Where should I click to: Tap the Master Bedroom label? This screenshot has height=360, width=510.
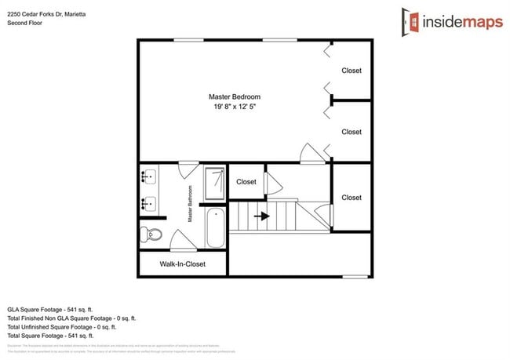tap(234, 96)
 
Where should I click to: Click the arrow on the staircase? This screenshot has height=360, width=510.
tap(262, 216)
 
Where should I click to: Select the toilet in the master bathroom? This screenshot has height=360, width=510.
tap(151, 234)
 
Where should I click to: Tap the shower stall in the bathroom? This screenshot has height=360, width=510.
tap(213, 183)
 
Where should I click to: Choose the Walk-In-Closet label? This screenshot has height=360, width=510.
tap(182, 264)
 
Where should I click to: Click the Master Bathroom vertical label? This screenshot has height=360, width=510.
tap(190, 203)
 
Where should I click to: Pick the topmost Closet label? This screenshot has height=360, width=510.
tap(352, 71)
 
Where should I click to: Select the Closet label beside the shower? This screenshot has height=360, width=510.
tap(246, 182)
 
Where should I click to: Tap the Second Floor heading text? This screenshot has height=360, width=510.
tap(24, 23)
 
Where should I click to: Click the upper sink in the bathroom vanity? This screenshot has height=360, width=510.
tap(149, 177)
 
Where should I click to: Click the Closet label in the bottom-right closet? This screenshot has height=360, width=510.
tap(352, 198)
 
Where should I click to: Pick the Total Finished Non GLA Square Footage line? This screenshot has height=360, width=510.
tap(72, 318)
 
